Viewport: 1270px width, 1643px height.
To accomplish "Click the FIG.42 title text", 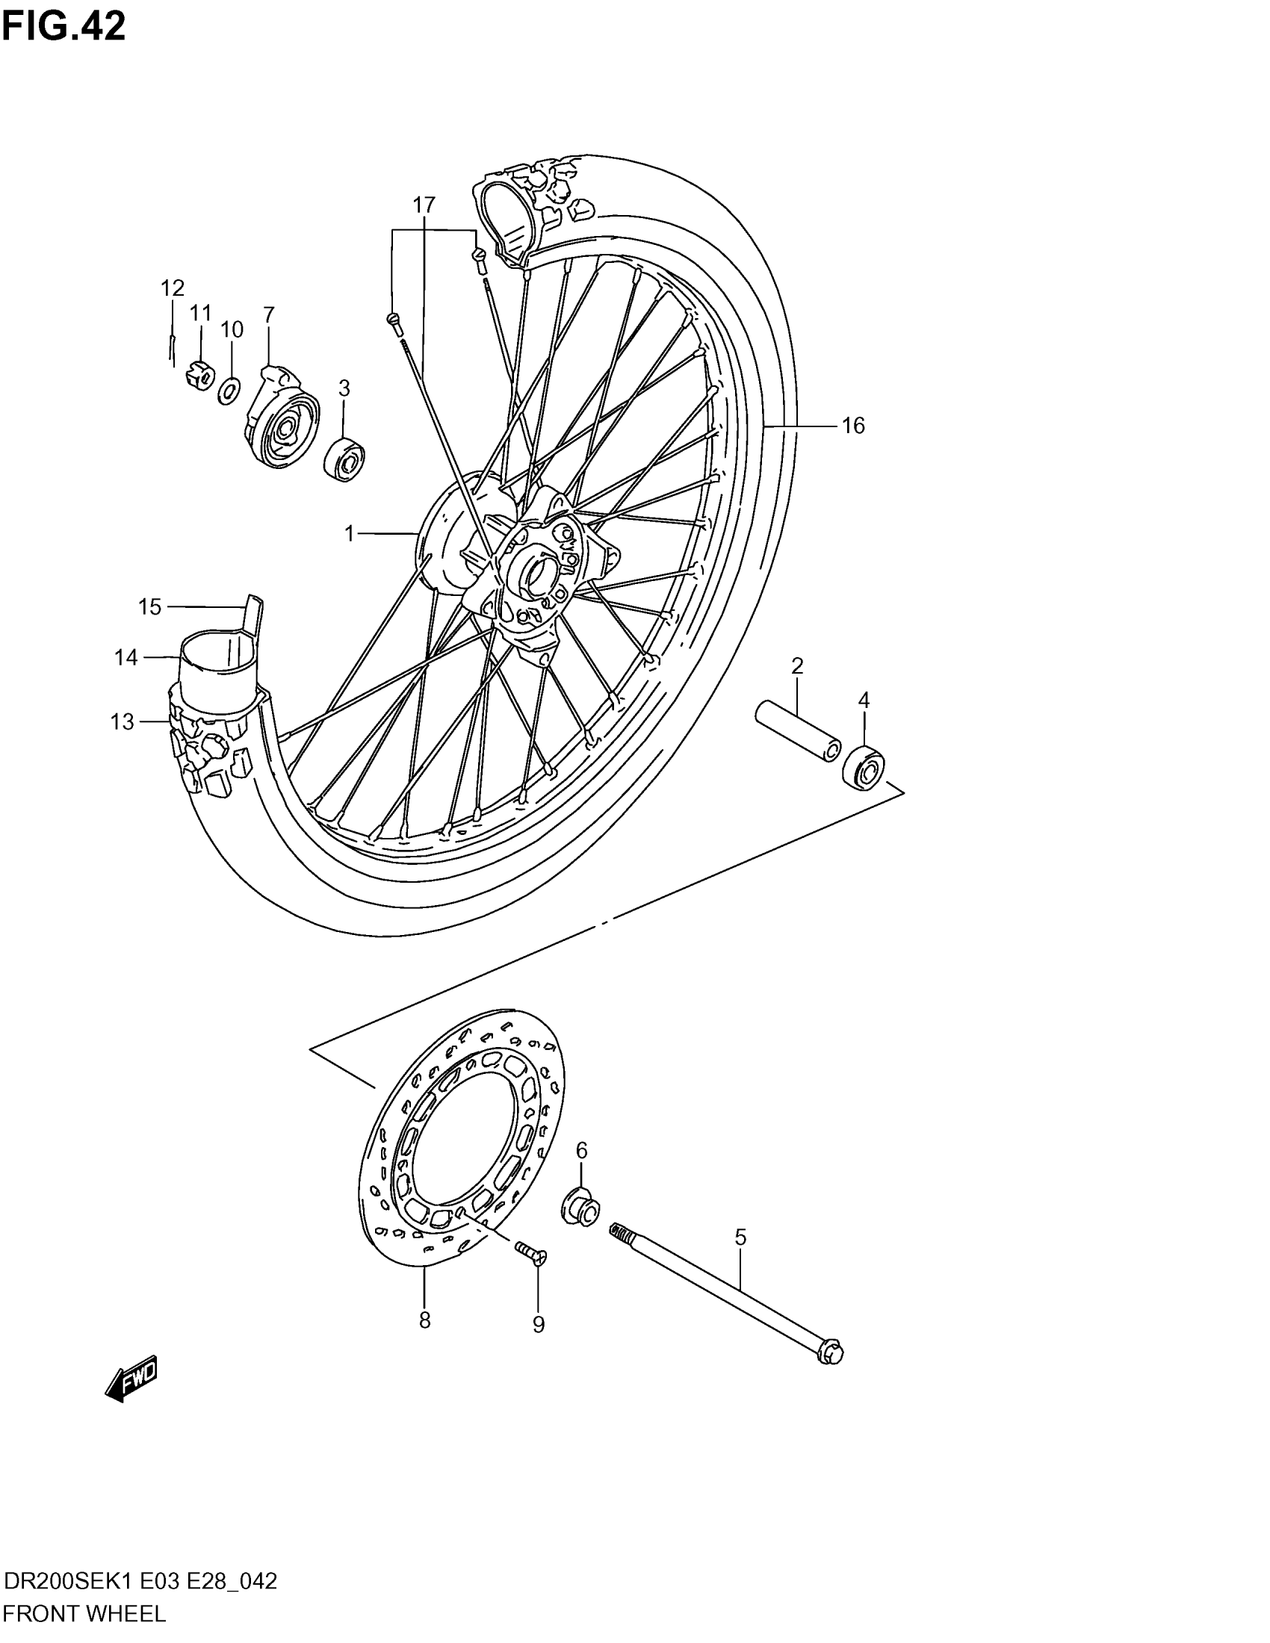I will (64, 27).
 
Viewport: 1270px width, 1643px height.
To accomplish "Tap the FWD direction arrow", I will (131, 1378).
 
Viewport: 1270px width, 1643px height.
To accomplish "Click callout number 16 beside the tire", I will (853, 426).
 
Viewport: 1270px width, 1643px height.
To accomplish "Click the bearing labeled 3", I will (344, 458).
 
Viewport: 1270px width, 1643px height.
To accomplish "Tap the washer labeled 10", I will (229, 391).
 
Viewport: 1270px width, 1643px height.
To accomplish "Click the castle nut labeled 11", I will (198, 374).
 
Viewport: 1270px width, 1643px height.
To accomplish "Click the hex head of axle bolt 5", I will (830, 1353).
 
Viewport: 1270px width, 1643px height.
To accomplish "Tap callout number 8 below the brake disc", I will (424, 1320).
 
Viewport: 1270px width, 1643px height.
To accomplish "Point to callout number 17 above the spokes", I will (424, 205).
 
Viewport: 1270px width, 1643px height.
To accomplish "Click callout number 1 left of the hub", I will (349, 534).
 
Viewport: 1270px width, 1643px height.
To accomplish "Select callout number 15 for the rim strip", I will (149, 607).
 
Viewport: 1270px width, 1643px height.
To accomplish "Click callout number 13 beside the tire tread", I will (122, 722).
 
